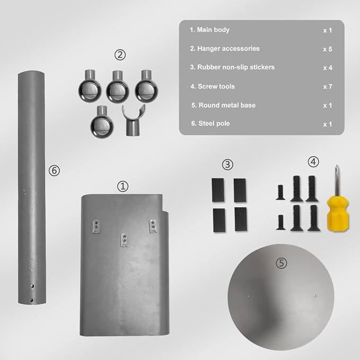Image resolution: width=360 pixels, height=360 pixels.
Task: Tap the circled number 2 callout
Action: pos(120,55)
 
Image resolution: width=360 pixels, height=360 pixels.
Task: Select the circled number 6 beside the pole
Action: pos(54,171)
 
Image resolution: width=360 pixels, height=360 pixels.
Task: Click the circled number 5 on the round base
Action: pos(281,263)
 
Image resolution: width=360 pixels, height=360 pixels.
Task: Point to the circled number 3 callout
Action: pos(227,164)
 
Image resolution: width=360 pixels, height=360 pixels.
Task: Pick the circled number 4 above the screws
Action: pos(313,162)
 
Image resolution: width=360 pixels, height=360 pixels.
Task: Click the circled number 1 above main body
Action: pos(123,186)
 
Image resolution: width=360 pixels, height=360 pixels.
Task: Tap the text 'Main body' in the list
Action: pos(213,30)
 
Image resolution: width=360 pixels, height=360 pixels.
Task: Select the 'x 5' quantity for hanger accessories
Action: pos(328,49)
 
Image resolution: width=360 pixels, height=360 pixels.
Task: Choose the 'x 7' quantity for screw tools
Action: pos(328,87)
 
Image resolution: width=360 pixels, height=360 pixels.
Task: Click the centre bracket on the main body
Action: pos(124,240)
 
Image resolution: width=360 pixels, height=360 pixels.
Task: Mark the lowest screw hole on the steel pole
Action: pos(31,300)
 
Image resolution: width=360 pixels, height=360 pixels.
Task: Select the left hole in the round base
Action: pos(248,296)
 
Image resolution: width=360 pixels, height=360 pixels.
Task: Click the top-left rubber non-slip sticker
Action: pos(218,190)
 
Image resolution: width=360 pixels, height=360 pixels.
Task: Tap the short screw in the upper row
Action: pos(280,192)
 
